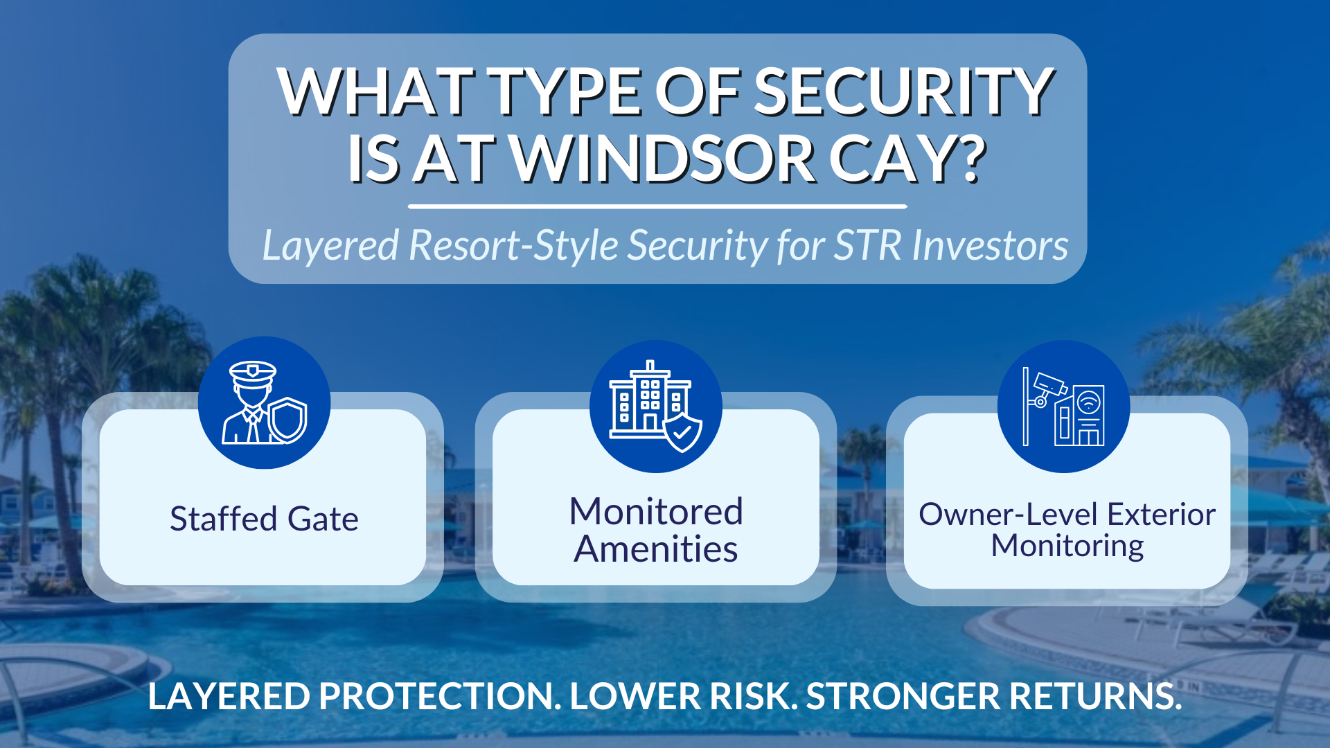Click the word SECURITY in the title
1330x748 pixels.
(903, 92)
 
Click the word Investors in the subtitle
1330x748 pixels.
(990, 246)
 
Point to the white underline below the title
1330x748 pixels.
(657, 206)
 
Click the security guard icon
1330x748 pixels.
(264, 402)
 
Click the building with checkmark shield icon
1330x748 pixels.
(655, 407)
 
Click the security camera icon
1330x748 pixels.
(1063, 407)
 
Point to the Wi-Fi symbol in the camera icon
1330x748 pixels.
(1089, 402)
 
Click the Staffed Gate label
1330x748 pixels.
(264, 519)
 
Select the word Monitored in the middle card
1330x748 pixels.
(655, 512)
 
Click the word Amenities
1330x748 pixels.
(655, 549)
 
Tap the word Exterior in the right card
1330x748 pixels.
(1160, 515)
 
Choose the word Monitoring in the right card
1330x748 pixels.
(1067, 546)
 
